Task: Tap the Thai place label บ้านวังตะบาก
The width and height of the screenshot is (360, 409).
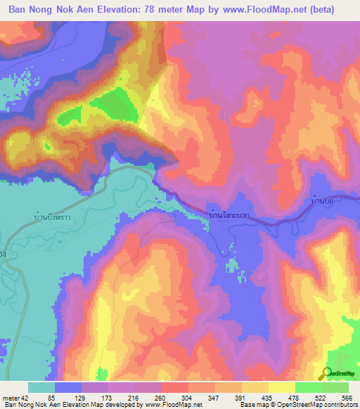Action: click(229, 214)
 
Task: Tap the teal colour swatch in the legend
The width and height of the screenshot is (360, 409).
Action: click(41, 387)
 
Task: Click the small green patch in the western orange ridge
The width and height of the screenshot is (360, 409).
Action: click(47, 146)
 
